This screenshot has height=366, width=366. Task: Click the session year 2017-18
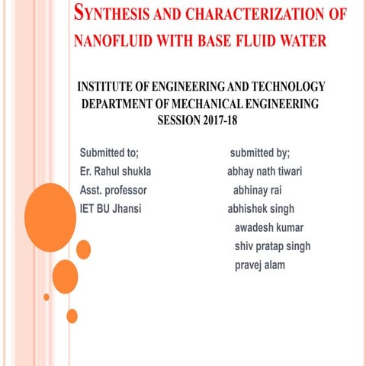(226, 119)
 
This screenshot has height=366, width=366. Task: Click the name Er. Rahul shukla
(115, 171)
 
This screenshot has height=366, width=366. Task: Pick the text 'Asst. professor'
(113, 189)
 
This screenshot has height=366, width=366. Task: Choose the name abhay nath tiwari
(265, 171)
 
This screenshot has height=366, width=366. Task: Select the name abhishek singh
(260, 208)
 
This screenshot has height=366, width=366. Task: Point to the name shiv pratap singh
(272, 246)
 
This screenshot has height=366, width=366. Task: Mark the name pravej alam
(259, 265)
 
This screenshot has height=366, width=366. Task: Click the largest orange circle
(50, 217)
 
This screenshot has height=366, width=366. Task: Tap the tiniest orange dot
(47, 297)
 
